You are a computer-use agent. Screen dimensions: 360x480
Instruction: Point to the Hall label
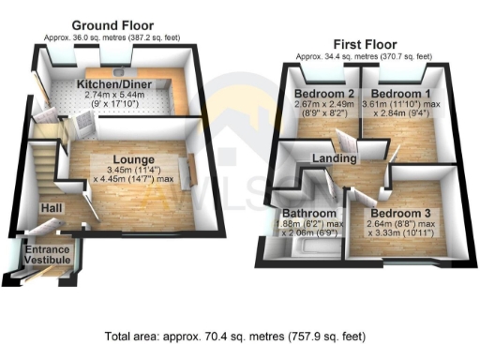pos(52,208)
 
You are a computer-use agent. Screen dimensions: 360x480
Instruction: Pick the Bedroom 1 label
pos(397,95)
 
